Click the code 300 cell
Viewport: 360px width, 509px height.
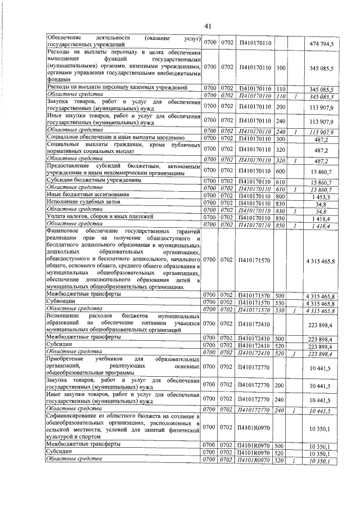[281, 137]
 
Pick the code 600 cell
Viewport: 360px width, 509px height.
[281, 170]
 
